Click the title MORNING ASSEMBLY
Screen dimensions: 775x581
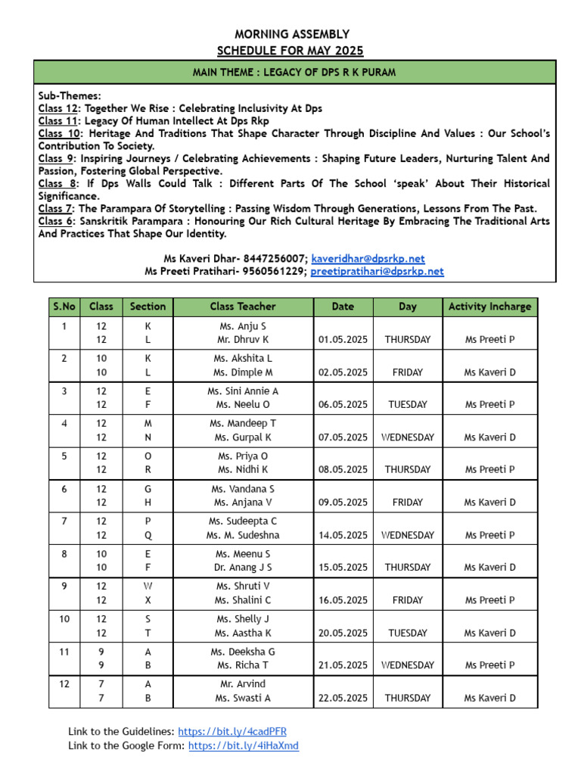[291, 34]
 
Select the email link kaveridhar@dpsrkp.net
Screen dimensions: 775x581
[368, 259]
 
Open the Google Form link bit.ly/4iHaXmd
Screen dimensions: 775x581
[243, 745]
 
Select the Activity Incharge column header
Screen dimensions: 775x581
[489, 307]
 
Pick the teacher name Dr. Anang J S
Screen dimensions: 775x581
[243, 568]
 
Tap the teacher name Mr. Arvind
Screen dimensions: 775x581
[243, 683]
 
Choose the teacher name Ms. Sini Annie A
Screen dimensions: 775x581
[243, 391]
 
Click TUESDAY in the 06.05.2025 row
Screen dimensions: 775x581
[408, 405]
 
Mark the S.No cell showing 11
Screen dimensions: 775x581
[64, 651]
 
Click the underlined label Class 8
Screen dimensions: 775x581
[57, 184]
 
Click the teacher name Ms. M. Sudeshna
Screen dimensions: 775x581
[243, 535]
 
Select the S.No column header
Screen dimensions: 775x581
[64, 307]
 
